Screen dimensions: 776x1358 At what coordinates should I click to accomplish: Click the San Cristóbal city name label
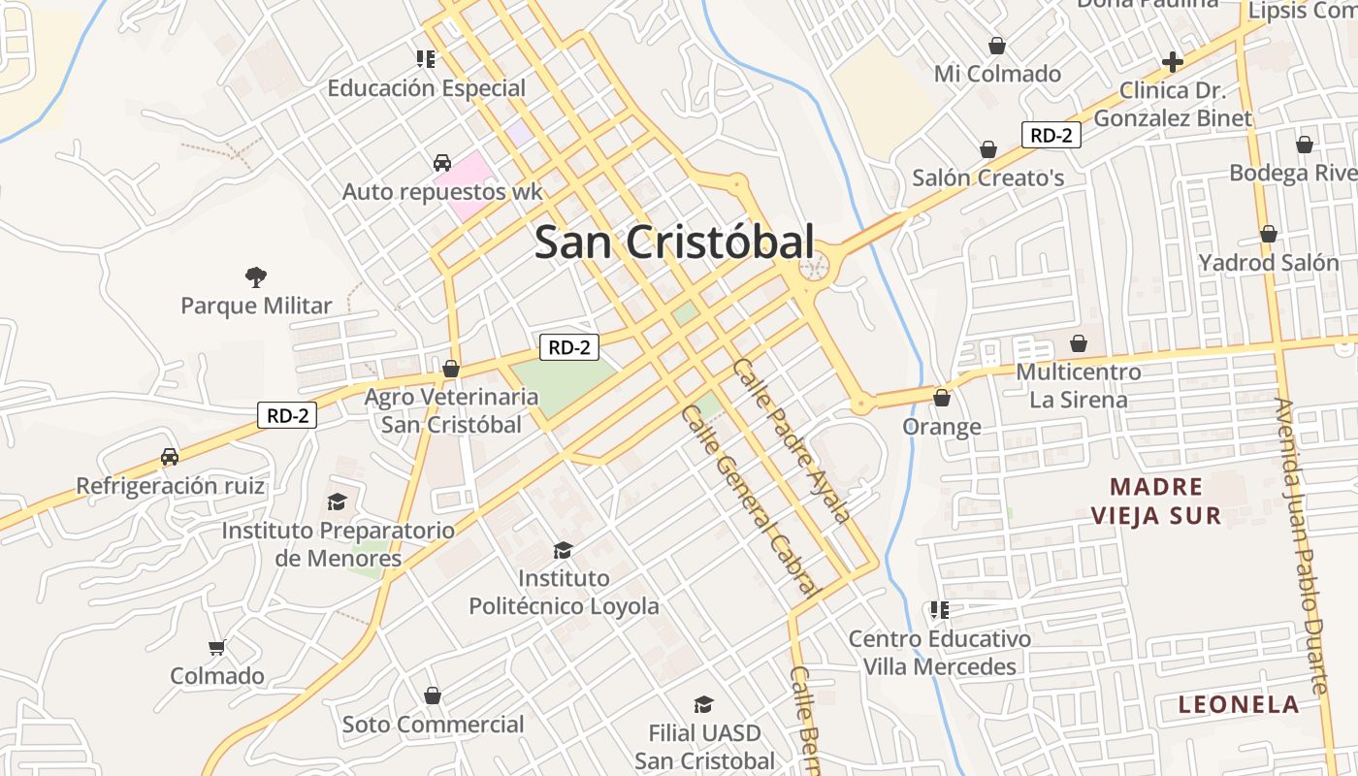[674, 242]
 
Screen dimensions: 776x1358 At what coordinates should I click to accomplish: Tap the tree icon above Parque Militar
[256, 278]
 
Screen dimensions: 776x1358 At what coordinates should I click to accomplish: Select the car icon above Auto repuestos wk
[442, 163]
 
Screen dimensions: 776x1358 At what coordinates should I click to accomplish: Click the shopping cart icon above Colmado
[217, 647]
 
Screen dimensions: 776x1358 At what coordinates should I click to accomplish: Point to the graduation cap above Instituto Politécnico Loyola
[563, 551]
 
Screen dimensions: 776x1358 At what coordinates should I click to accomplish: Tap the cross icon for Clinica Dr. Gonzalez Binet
[1173, 63]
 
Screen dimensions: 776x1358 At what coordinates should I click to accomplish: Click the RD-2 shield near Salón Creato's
[1051, 135]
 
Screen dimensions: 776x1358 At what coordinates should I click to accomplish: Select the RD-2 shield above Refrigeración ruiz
[288, 416]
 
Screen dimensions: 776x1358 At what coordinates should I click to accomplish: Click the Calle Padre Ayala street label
[792, 439]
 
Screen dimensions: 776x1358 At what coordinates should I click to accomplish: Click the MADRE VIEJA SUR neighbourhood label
[1156, 501]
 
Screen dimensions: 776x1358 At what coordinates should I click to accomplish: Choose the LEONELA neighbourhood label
[1239, 705]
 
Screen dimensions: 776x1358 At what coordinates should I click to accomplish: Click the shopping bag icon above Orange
[941, 398]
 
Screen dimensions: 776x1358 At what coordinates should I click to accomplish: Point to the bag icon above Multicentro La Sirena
[1079, 343]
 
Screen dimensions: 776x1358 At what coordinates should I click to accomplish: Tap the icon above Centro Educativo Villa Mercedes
[939, 610]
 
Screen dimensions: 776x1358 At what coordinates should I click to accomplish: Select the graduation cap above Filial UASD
[703, 705]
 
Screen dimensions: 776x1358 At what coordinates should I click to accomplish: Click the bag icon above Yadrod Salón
[1268, 235]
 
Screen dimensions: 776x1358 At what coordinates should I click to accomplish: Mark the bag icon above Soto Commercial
[433, 695]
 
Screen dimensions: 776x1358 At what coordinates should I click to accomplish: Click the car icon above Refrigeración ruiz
[170, 457]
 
